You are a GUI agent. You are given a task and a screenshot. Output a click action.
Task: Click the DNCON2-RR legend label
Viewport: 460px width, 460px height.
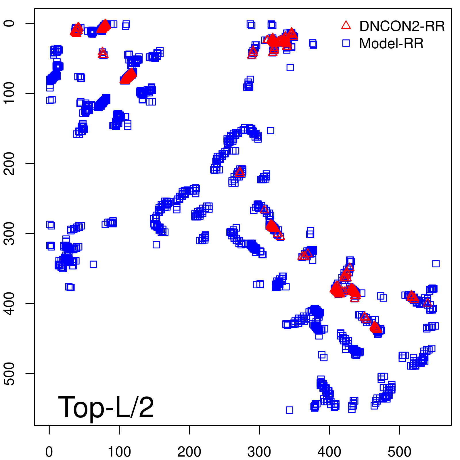402,26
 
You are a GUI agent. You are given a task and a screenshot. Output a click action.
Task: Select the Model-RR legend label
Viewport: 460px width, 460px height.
391,44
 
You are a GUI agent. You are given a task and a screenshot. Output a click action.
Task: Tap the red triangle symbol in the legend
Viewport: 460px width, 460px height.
346,25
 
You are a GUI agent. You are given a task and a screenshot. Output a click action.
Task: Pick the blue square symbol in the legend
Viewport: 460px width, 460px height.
346,43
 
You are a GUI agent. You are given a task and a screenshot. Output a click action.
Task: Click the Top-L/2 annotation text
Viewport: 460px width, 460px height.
106,407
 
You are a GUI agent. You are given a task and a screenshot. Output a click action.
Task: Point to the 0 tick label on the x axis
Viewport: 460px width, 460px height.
49,452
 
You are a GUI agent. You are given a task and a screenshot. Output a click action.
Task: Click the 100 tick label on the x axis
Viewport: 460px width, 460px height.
119,452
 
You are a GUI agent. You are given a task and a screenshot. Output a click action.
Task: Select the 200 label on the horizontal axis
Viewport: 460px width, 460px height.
189,452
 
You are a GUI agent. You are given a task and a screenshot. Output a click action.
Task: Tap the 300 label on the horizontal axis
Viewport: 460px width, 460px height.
259,452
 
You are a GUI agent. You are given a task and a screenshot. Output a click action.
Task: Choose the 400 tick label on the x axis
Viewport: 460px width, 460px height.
329,452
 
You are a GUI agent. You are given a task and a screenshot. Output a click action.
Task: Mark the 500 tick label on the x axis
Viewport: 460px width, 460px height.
399,452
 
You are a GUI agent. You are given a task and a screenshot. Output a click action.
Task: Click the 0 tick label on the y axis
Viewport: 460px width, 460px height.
10,23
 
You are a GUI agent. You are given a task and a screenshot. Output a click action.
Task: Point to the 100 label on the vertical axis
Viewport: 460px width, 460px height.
10,93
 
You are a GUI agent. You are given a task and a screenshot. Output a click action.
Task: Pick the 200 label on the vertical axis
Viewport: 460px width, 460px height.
10,163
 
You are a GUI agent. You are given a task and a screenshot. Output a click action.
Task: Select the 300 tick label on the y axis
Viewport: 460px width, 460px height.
10,233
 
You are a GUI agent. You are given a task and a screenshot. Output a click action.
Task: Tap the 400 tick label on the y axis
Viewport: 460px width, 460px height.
10,303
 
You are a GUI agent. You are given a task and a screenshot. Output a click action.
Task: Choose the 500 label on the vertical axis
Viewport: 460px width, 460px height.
10,373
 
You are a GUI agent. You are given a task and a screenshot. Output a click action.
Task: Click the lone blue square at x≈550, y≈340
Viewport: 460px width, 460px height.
436,263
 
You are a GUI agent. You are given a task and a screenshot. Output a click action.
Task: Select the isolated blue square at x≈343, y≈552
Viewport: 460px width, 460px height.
290,410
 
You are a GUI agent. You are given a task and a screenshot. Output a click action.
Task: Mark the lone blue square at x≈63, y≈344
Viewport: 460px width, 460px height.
93,264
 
